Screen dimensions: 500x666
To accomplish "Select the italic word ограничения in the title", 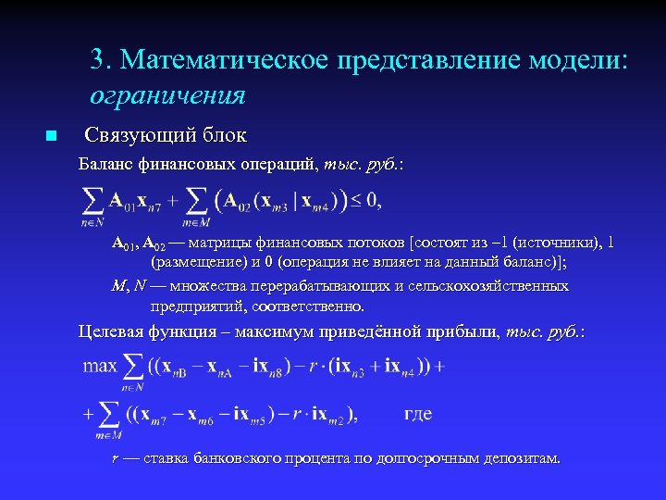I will pyautogui.click(x=167, y=94).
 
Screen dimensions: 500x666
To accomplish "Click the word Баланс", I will pyautogui.click(x=105, y=166).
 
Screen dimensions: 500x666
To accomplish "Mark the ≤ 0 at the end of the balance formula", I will pyautogui.click(x=364, y=199).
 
